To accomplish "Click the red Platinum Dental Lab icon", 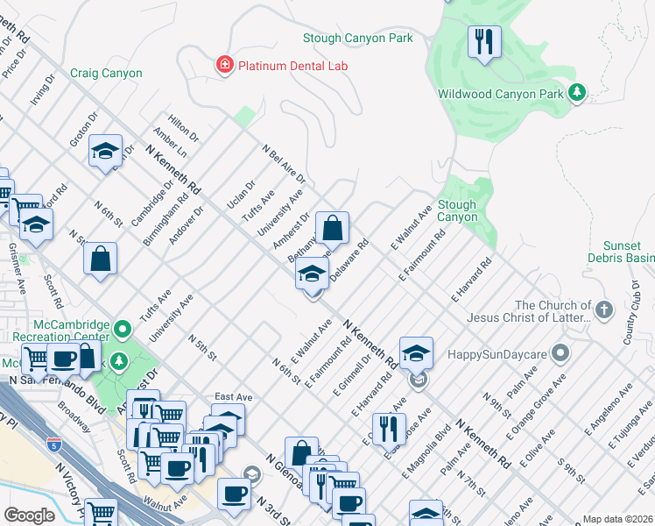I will coord(225,65).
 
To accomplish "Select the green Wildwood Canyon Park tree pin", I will coord(576,93).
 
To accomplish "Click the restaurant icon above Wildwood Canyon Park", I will coord(483,41).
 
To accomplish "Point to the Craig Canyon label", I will coord(106,74).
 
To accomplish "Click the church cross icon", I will coord(602,309).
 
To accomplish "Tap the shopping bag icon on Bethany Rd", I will coord(333,230).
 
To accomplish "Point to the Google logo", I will coord(29,515).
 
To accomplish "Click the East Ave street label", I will coord(234,397).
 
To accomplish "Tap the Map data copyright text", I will coord(616,519).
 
